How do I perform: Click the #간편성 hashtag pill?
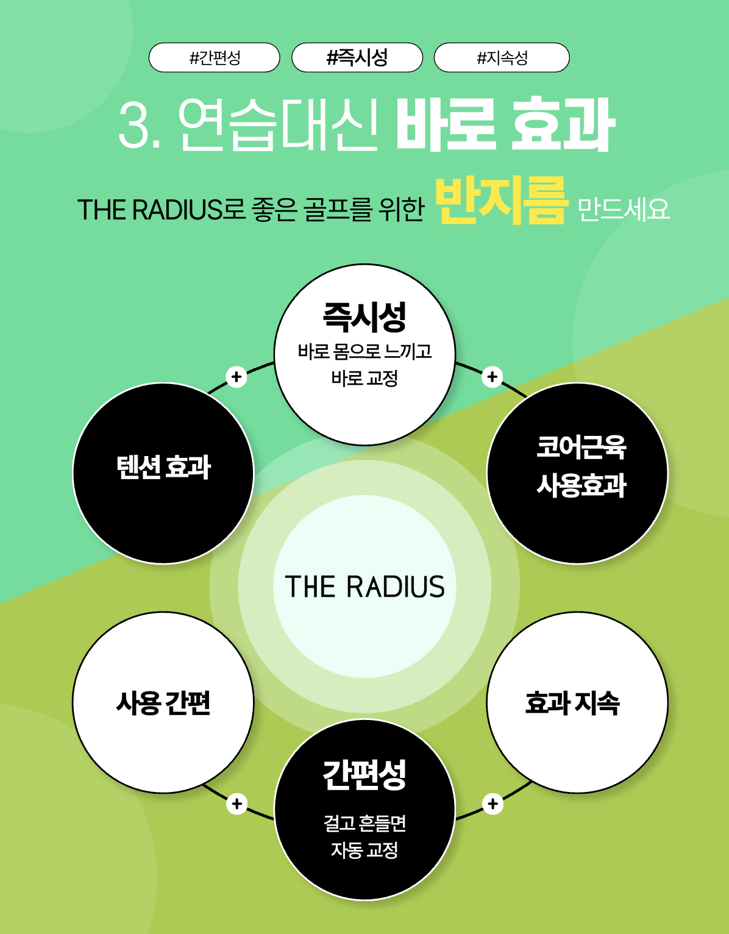point(215,58)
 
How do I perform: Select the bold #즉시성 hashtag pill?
point(357,58)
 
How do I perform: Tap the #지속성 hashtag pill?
point(502,58)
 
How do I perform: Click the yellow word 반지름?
point(501,200)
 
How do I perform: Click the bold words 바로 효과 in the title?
point(505,125)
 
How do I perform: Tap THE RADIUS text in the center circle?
point(364,586)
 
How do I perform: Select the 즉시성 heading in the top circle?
point(364,316)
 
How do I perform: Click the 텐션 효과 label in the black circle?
point(163,468)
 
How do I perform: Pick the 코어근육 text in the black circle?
point(581,447)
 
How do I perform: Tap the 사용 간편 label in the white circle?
point(163,702)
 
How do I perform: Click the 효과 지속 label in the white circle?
point(572,702)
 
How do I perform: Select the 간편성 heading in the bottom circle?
point(364,774)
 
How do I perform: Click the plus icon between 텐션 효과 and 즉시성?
point(236,377)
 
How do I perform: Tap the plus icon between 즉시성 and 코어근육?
point(493,377)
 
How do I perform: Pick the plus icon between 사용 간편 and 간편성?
point(236,804)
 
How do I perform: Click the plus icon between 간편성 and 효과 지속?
point(493,804)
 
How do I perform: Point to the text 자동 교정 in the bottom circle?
point(364,849)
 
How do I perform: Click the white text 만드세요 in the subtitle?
point(623,210)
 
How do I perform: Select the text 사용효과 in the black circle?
point(581,486)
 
